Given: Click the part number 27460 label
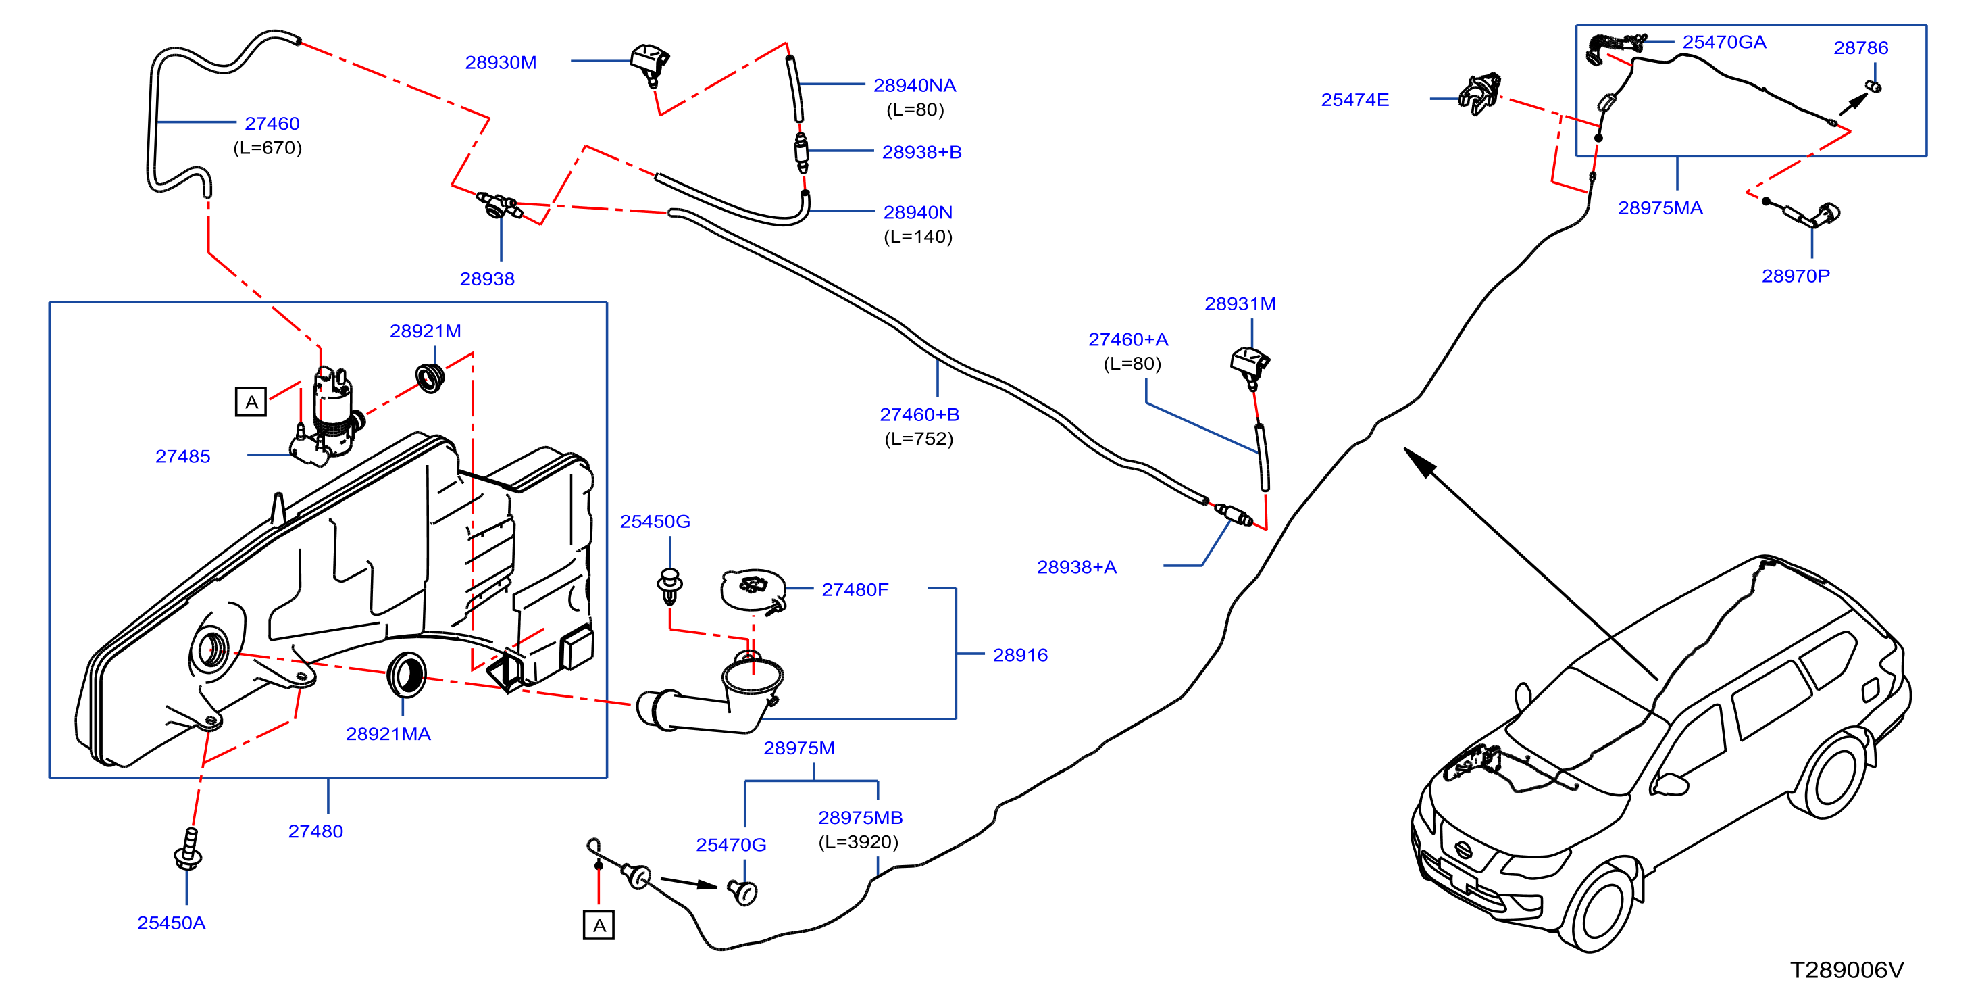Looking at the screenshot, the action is [x=272, y=123].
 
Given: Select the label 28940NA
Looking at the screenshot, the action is [x=915, y=85].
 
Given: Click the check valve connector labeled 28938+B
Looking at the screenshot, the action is [x=801, y=152].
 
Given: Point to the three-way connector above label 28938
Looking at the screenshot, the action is [x=499, y=205].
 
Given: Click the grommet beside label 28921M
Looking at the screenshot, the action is [x=430, y=378].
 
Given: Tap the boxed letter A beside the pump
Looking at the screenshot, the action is [x=251, y=402].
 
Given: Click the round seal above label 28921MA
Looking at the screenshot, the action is [x=407, y=675].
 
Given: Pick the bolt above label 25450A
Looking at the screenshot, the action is [x=188, y=849].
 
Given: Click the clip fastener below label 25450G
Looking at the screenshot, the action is [x=670, y=586].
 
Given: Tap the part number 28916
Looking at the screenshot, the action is [x=1020, y=656].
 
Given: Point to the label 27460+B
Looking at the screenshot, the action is [x=919, y=414].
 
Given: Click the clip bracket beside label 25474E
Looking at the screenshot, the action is [x=1480, y=94].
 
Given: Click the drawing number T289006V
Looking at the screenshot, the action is [x=1847, y=970].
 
